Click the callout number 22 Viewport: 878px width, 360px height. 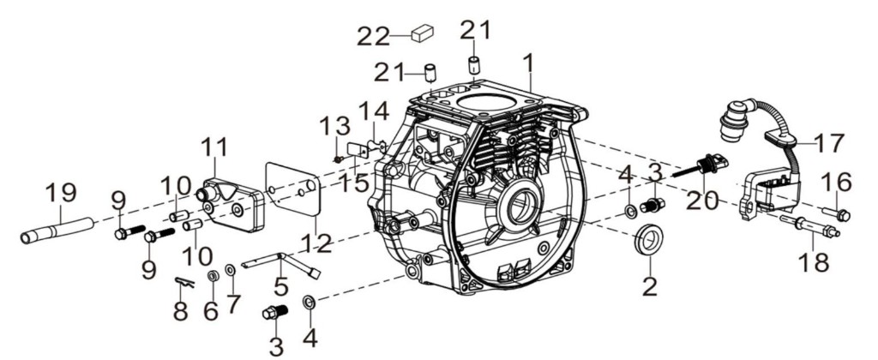pyautogui.click(x=374, y=36)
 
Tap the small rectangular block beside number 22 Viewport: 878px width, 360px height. pyautogui.click(x=423, y=33)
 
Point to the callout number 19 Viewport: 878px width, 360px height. pyautogui.click(x=61, y=194)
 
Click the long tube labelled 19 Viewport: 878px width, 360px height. pyautogui.click(x=57, y=231)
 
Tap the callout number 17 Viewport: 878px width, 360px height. pyautogui.click(x=827, y=143)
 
